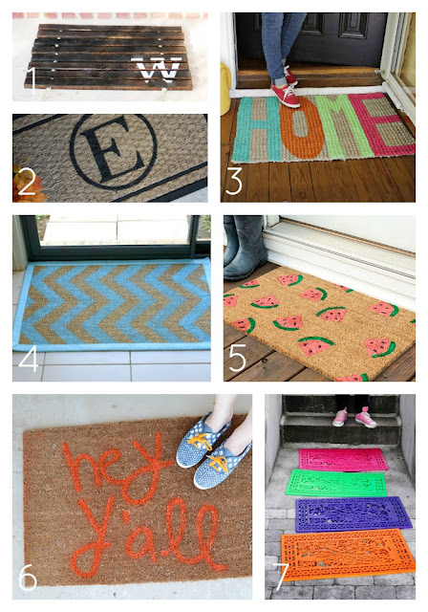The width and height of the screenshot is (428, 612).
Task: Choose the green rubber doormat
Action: point(345,485)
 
